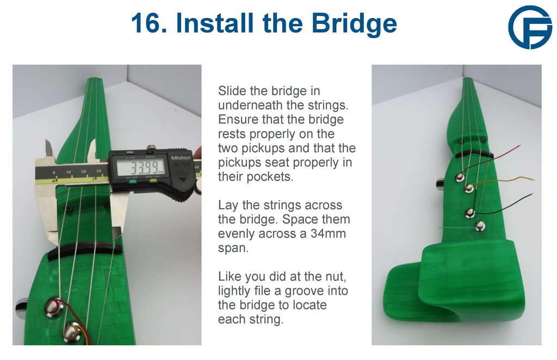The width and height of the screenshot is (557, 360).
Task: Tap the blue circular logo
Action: [x=529, y=27]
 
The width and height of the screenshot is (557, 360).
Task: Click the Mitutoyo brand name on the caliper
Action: [x=180, y=158]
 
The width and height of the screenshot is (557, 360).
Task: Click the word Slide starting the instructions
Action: [x=231, y=91]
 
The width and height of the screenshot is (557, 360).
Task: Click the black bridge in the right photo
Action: [x=474, y=155]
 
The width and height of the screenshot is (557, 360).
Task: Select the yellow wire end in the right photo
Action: [x=531, y=179]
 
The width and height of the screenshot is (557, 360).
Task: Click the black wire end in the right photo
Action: [x=531, y=195]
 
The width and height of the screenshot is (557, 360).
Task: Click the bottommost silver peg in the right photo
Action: [x=480, y=226]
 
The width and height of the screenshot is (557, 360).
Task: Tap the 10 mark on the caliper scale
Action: [x=69, y=172]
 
